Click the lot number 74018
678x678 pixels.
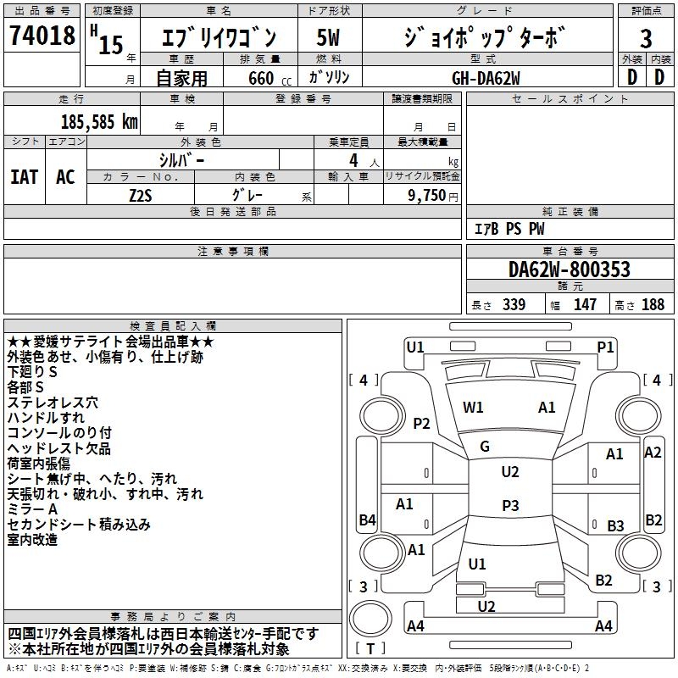click(42, 36)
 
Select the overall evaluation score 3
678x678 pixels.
click(646, 39)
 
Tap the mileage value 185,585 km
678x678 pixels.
click(100, 121)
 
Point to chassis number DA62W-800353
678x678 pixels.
click(570, 270)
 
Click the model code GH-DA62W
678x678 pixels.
click(486, 78)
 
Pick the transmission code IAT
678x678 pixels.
click(25, 177)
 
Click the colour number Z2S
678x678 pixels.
click(141, 195)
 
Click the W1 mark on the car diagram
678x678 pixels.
click(473, 408)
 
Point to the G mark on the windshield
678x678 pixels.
click(485, 447)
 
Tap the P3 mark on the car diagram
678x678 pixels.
click(509, 505)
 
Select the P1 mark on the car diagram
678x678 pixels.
click(605, 347)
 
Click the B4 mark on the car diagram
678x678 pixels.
click(367, 520)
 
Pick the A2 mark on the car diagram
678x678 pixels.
click(653, 453)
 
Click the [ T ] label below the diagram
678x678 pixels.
click(373, 649)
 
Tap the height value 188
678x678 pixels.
click(653, 304)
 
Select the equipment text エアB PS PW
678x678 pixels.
click(509, 229)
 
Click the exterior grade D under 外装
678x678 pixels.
click(631, 77)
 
